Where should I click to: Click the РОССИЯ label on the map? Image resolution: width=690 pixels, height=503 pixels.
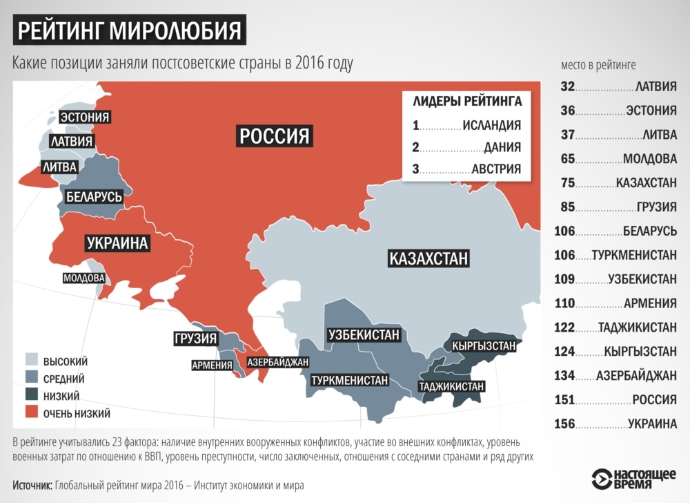pyautogui.click(x=274, y=135)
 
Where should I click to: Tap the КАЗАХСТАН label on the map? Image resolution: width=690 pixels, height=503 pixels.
pyautogui.click(x=428, y=259)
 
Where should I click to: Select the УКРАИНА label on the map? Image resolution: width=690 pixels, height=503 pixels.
pyautogui.click(x=118, y=243)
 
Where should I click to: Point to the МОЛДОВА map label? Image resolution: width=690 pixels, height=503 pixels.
pyautogui.click(x=83, y=278)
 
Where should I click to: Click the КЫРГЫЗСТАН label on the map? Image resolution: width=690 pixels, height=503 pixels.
pyautogui.click(x=484, y=345)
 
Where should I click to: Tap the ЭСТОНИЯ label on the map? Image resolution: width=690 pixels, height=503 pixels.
pyautogui.click(x=84, y=117)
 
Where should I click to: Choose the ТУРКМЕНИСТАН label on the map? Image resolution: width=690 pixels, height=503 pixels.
pyautogui.click(x=350, y=381)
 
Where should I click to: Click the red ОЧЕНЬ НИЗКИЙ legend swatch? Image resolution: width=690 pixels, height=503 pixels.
pyautogui.click(x=32, y=413)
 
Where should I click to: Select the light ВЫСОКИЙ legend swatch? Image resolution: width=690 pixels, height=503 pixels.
pyautogui.click(x=32, y=361)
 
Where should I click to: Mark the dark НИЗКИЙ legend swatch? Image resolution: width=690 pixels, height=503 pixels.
pyautogui.click(x=32, y=396)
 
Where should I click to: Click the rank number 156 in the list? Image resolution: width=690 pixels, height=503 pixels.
pyautogui.click(x=564, y=424)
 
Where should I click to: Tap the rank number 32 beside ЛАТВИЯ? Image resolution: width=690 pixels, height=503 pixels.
pyautogui.click(x=567, y=87)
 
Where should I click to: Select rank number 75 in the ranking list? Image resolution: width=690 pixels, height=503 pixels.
pyautogui.click(x=567, y=182)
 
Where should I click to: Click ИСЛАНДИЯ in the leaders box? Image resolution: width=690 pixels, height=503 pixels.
pyautogui.click(x=491, y=125)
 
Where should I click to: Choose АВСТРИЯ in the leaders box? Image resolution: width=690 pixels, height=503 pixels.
pyautogui.click(x=496, y=169)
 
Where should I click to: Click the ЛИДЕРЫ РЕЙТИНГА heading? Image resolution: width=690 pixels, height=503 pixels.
pyautogui.click(x=467, y=102)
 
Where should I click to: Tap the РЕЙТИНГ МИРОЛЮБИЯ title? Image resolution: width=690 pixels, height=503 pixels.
pyautogui.click(x=130, y=31)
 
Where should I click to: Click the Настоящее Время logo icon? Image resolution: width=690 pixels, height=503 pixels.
pyautogui.click(x=602, y=479)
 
